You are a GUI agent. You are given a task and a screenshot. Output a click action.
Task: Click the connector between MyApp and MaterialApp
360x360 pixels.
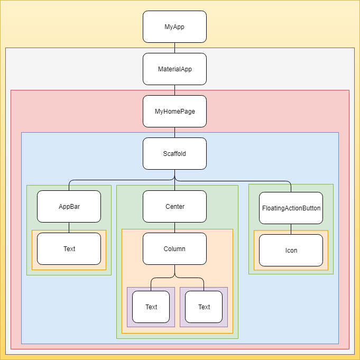coord(174,48)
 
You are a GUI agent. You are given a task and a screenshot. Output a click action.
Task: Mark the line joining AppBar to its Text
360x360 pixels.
coord(69,227)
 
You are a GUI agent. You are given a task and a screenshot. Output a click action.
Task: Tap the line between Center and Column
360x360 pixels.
coord(174,227)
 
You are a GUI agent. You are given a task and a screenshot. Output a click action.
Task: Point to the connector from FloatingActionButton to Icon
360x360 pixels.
coord(291,229)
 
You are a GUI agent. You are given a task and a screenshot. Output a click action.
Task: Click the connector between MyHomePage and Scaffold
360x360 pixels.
coord(174,132)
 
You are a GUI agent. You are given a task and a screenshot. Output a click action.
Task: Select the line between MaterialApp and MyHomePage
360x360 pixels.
coord(174,90)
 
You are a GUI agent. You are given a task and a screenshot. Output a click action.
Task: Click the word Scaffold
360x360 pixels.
coord(174,154)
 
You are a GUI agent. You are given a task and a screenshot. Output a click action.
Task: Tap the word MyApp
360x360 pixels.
coord(174,27)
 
